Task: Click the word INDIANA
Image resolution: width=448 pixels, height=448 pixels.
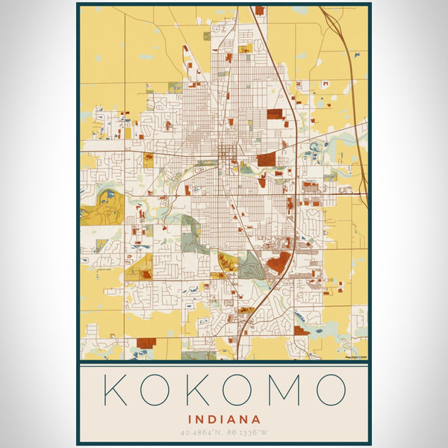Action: pyautogui.click(x=224, y=420)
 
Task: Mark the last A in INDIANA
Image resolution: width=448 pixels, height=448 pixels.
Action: pyautogui.click(x=256, y=420)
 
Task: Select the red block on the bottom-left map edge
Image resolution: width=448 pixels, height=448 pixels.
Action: pyautogui.click(x=146, y=343)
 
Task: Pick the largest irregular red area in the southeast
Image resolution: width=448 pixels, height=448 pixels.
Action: pyautogui.click(x=279, y=261)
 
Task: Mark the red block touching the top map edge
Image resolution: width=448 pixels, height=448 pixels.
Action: pyautogui.click(x=259, y=10)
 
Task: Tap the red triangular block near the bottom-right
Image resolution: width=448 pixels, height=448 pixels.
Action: pyautogui.click(x=301, y=330)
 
